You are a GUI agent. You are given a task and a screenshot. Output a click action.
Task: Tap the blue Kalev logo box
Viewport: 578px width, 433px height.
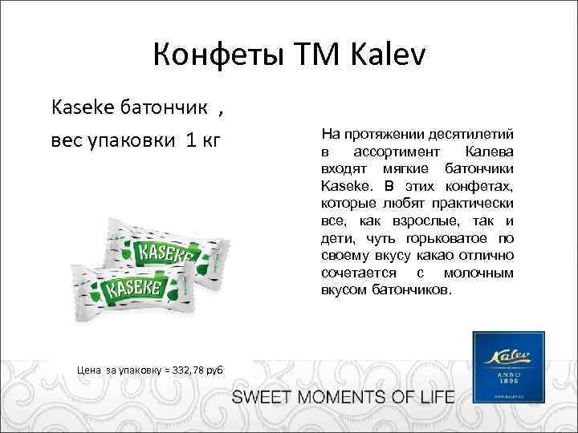point(509,366)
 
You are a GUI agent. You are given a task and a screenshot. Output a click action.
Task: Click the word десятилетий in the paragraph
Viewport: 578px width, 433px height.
point(471,133)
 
